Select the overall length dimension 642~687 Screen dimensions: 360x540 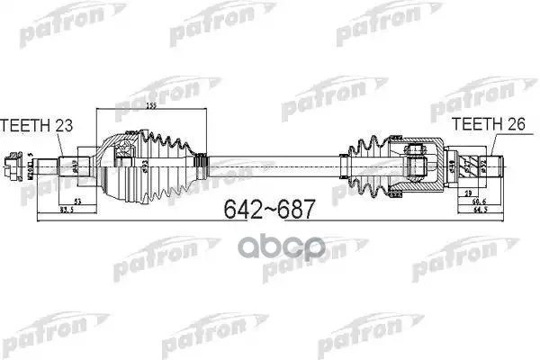(269, 210)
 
